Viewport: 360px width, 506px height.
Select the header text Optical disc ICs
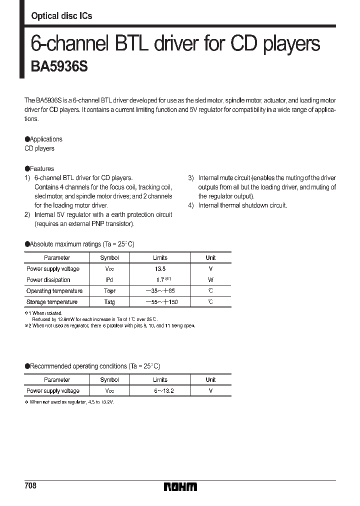pyautogui.click(x=61, y=16)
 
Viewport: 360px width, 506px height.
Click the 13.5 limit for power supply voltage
pyautogui.click(x=160, y=269)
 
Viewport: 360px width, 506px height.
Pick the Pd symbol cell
pyautogui.click(x=109, y=280)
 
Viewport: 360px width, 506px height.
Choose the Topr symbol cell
pyautogui.click(x=109, y=291)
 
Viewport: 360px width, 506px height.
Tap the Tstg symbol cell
pyautogui.click(x=109, y=302)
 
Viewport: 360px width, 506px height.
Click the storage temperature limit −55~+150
pyautogui.click(x=160, y=302)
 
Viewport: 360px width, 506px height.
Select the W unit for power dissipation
pyautogui.click(x=210, y=280)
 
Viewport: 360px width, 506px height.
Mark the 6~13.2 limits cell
pyautogui.click(x=160, y=391)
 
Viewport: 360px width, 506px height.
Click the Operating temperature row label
pyautogui.click(x=54, y=291)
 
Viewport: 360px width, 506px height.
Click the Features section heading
pyautogui.click(x=39, y=169)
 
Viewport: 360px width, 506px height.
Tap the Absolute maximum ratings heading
pyautogui.click(x=79, y=244)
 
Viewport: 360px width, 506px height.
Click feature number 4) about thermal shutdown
pyautogui.click(x=237, y=205)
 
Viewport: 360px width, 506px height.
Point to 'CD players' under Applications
pyautogui.click(x=39, y=148)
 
